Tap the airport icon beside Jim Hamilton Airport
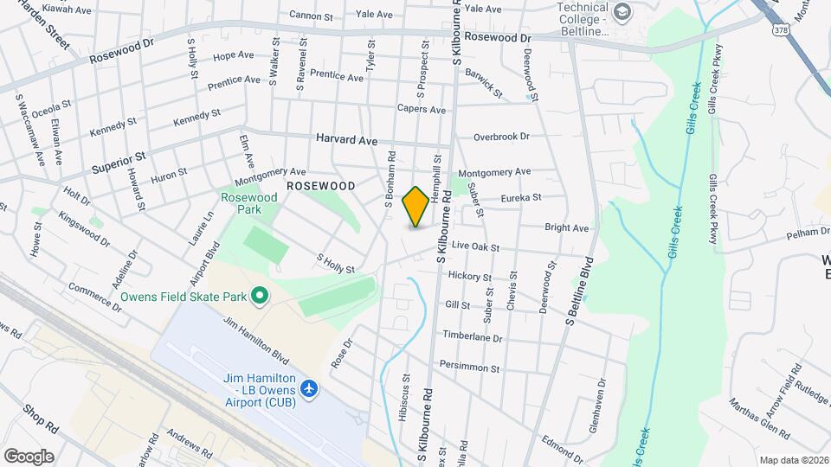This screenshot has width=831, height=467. click(x=310, y=390)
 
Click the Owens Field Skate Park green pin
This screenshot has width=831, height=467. click(x=259, y=297)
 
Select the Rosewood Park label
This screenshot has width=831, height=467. click(x=248, y=203)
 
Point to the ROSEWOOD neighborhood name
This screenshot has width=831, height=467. click(x=321, y=186)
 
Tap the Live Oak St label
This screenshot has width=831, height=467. click(x=475, y=247)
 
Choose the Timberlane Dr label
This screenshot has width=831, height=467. click(x=472, y=338)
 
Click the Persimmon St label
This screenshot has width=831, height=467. click(x=470, y=368)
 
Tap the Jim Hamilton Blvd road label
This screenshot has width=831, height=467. click(x=255, y=338)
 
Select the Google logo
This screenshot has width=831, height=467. click(x=29, y=456)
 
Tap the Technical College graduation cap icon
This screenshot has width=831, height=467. click(x=622, y=12)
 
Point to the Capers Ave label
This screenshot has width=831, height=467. click(x=421, y=110)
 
